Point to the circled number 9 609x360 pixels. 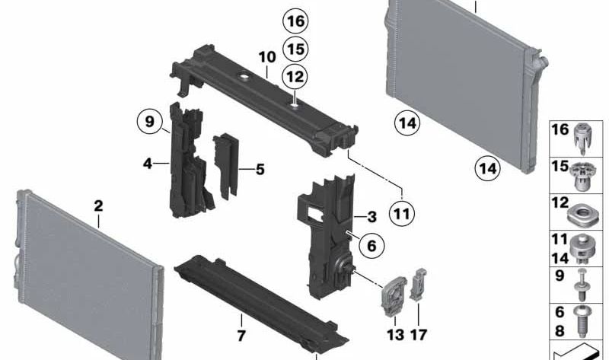tap(150, 120)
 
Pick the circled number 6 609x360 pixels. tap(371, 245)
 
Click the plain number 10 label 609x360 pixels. tap(266, 57)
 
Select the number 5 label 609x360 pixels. tap(260, 169)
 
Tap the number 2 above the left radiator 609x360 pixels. tap(98, 205)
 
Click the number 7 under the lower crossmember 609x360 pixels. tap(241, 334)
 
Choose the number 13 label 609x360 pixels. tap(394, 335)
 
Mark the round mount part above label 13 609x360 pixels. tap(393, 293)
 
